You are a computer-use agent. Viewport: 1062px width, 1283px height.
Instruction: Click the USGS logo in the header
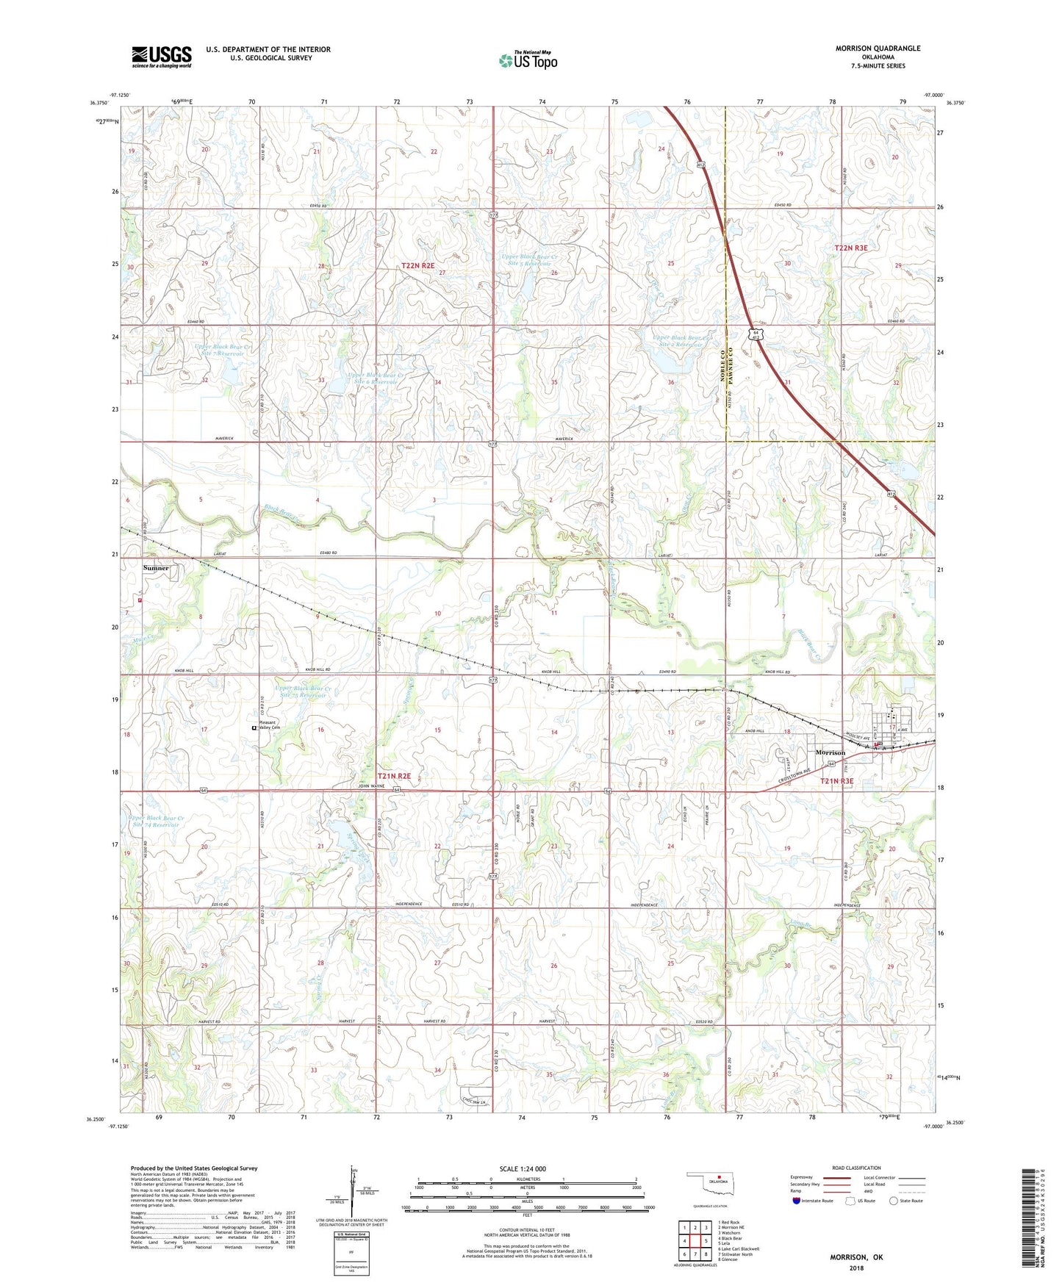coord(162,57)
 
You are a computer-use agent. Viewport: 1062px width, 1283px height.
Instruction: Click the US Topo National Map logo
coord(528,60)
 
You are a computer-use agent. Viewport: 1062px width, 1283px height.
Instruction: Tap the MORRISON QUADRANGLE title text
coord(878,48)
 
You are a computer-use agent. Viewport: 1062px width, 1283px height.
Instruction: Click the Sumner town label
coord(156,568)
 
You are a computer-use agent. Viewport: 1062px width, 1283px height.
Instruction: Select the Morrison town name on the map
coord(830,752)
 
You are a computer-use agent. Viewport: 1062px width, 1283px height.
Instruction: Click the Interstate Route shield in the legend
coord(797,1201)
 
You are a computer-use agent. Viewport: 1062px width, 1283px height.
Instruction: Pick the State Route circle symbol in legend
coord(894,1201)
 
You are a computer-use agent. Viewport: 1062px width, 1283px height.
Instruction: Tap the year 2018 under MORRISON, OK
coord(856,1268)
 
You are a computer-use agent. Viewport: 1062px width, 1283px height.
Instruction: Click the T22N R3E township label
coord(851,248)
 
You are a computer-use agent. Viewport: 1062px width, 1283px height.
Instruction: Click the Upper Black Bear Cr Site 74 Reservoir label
coord(154,822)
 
